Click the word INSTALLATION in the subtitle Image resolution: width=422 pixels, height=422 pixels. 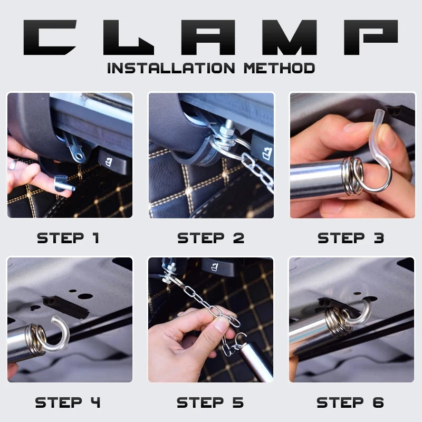(171, 68)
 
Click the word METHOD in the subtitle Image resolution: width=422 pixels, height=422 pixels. (280, 68)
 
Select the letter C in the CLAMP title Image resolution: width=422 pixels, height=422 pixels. (50, 37)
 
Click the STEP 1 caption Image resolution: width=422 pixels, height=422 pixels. (68, 238)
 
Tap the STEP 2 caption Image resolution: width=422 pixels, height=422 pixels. (210, 238)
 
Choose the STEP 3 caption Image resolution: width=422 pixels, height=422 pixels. (351, 238)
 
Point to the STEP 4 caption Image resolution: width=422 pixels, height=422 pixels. (68, 402)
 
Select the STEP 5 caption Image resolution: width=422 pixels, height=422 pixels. (210, 402)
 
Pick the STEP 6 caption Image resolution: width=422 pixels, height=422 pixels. (350, 402)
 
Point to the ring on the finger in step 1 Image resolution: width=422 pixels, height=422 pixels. (13, 165)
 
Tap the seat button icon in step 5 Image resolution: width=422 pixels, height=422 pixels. (215, 267)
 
